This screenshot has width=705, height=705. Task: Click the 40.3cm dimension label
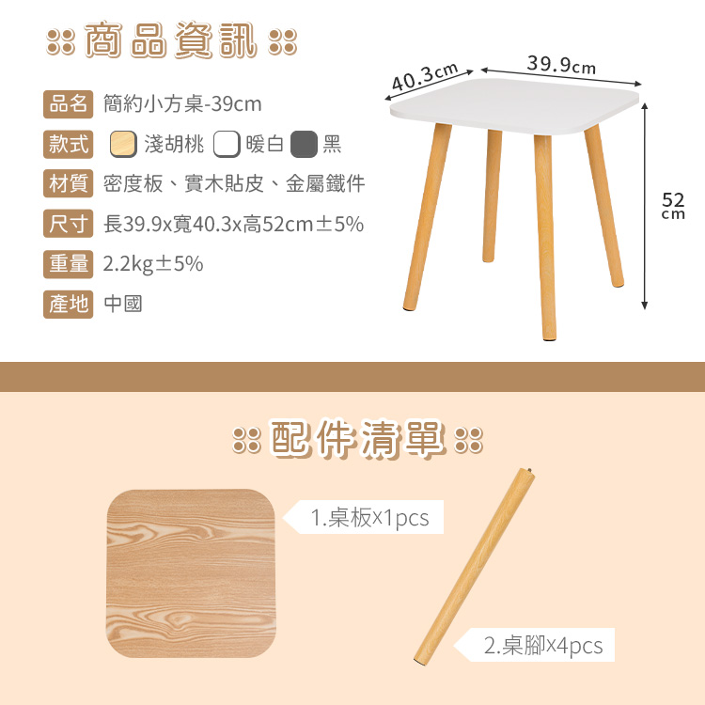click(425, 76)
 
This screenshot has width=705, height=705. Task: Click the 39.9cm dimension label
click(561, 65)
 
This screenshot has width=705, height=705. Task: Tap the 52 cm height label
click(673, 206)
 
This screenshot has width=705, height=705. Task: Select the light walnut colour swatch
click(123, 145)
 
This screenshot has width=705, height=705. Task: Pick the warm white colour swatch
click(227, 145)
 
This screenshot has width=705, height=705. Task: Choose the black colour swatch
click(304, 145)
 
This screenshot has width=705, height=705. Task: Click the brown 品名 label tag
click(69, 104)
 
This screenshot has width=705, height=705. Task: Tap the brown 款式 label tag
click(69, 145)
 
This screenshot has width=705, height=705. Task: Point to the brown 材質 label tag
click(69, 183)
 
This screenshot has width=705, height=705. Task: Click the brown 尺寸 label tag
click(69, 224)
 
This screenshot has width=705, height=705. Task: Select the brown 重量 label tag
click(69, 264)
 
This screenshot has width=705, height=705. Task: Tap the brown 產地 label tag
click(69, 305)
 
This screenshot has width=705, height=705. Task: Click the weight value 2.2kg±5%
click(153, 264)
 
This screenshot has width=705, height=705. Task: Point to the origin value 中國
click(123, 305)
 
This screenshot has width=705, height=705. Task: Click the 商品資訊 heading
click(171, 40)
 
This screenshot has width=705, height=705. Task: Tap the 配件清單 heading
click(358, 438)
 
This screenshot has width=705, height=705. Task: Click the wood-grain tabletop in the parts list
click(191, 573)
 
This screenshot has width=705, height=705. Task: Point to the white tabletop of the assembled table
click(514, 106)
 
